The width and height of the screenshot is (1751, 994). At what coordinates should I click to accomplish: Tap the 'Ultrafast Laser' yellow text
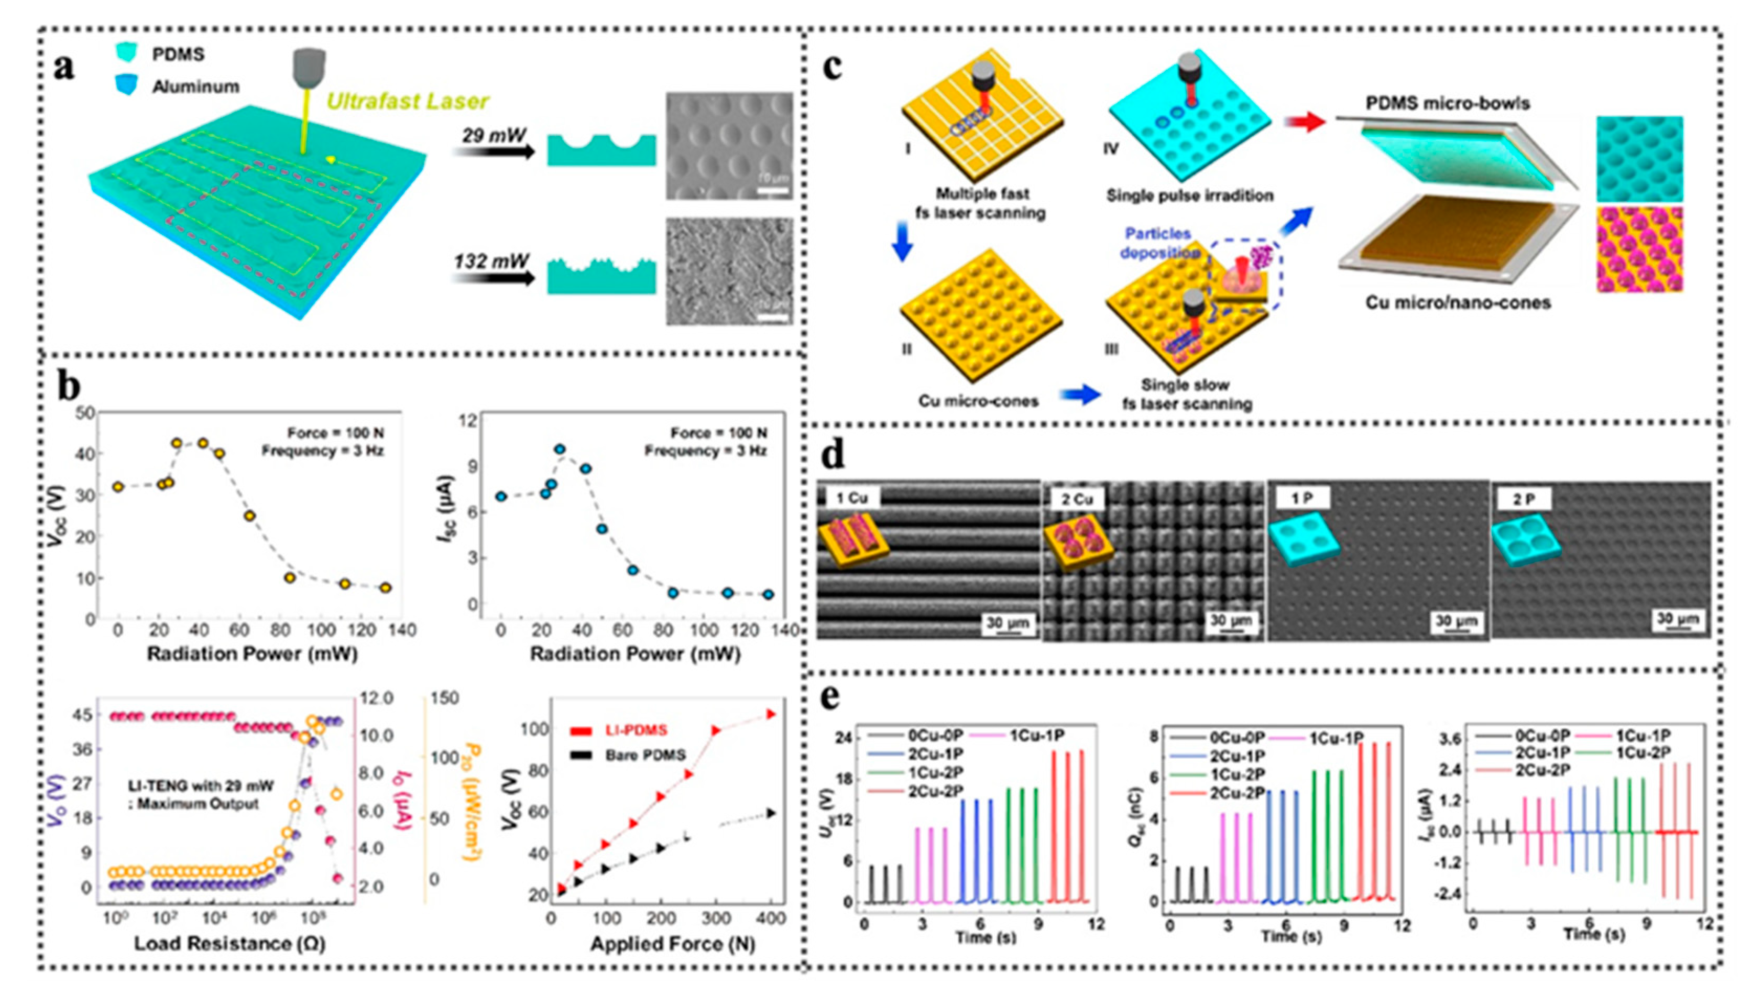tap(408, 102)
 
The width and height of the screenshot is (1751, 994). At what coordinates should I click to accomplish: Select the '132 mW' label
tap(491, 261)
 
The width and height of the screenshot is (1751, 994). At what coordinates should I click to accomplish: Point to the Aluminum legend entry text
tap(195, 86)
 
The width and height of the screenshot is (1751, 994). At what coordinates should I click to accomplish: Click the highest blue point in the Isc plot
tap(560, 449)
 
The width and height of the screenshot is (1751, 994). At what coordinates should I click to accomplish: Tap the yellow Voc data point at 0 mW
tap(118, 487)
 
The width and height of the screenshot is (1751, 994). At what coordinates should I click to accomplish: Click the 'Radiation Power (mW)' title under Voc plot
tap(252, 654)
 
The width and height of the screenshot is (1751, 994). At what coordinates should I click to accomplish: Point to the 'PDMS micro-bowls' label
tap(1447, 104)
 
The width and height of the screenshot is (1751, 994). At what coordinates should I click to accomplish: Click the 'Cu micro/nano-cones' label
tap(1458, 302)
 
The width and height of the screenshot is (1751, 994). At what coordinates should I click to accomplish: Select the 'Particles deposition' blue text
tap(1158, 243)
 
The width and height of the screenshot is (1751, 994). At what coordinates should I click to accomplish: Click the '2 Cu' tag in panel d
tap(1077, 499)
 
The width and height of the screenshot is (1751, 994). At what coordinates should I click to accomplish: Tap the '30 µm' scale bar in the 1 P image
tap(1455, 621)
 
